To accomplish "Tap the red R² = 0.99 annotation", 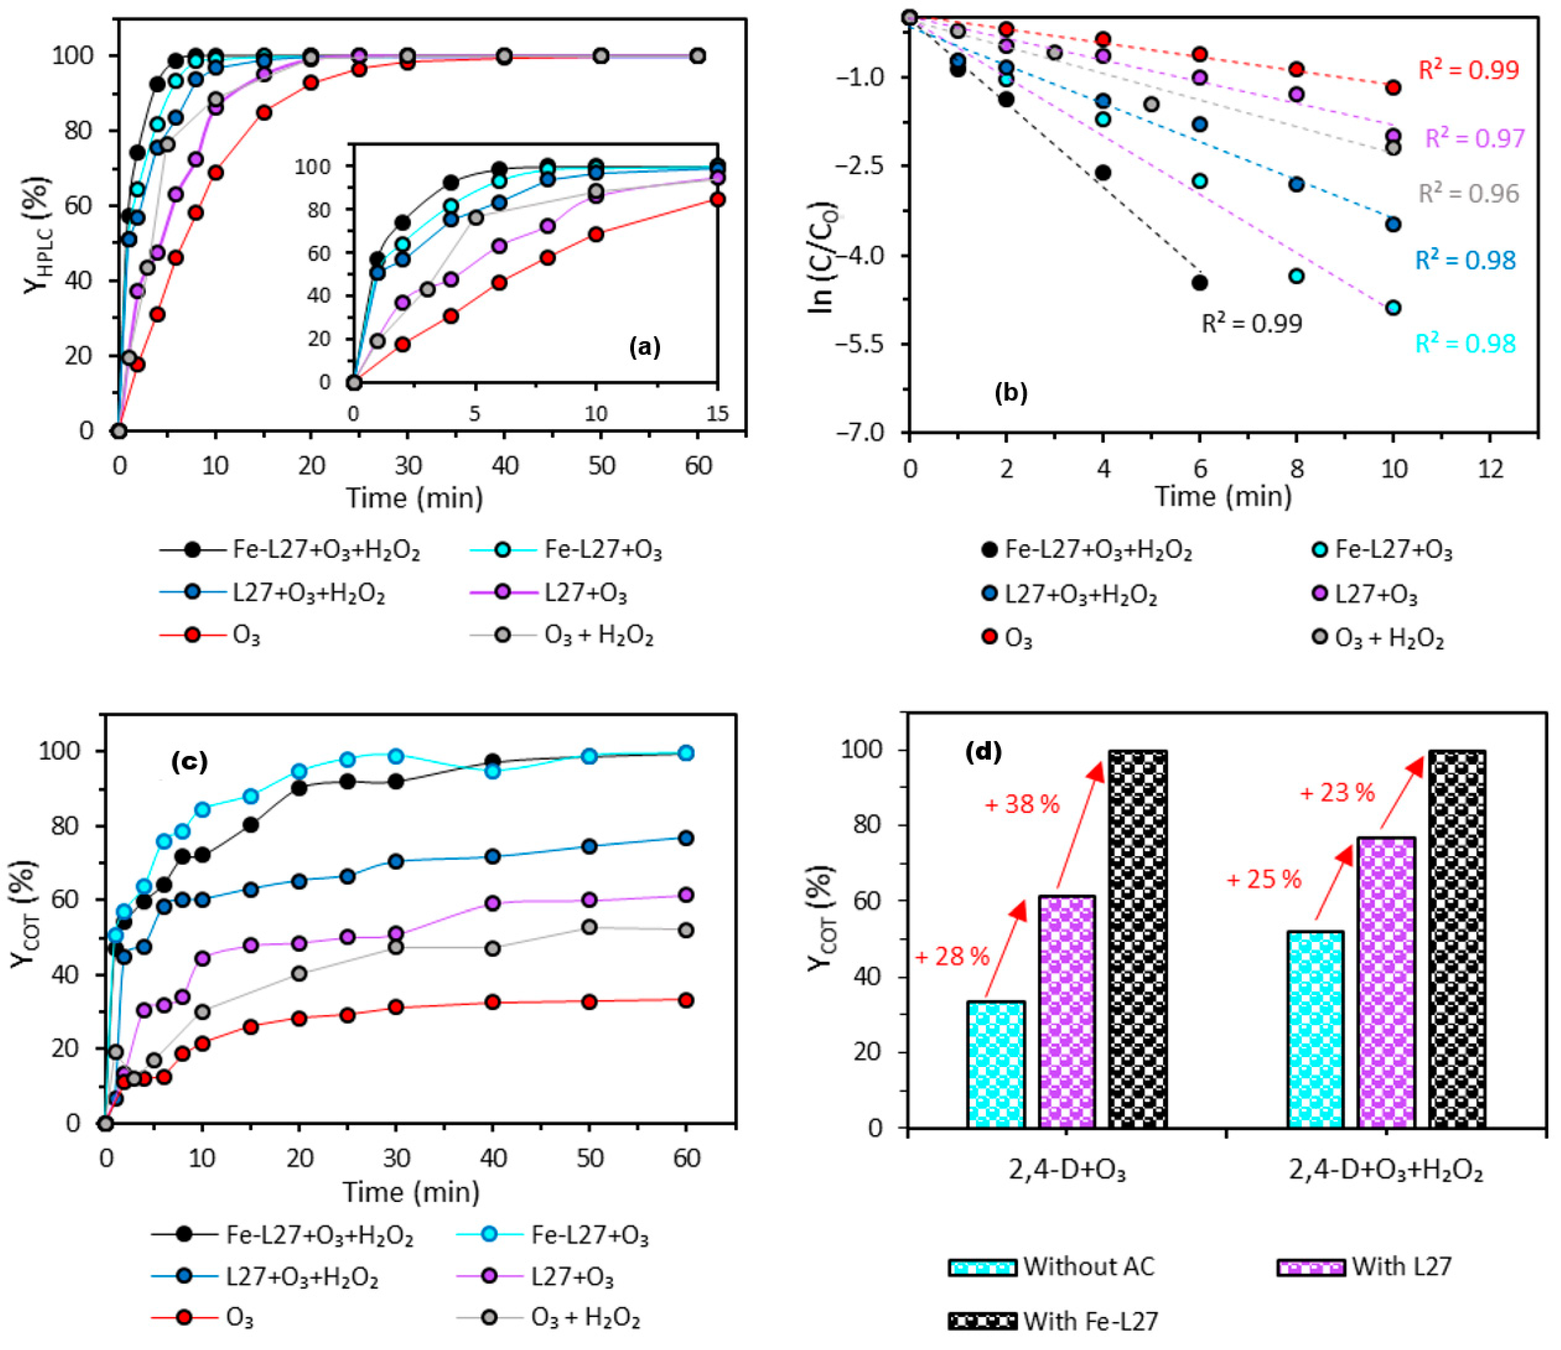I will pos(1468,70).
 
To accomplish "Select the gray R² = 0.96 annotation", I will pos(1468,194).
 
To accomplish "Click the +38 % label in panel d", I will pos(1022,805).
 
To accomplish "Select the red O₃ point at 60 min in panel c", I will pos(686,1000).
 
